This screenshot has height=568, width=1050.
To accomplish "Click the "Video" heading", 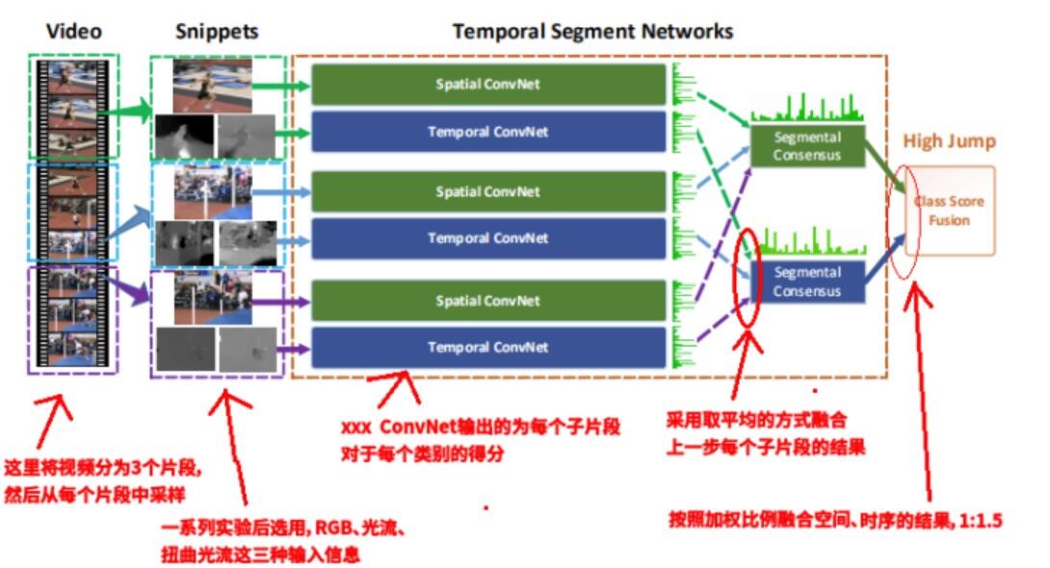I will click(73, 31).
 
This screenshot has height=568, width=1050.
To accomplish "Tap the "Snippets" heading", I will click(217, 31).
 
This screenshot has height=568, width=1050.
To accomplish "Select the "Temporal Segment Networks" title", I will click(592, 31).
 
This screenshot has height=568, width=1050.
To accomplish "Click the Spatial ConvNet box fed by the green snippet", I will click(487, 84).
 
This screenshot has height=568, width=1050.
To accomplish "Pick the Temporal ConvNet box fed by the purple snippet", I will click(487, 348).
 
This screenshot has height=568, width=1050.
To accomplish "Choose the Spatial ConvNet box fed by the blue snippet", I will click(487, 192).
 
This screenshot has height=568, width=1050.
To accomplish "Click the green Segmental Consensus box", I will click(806, 145).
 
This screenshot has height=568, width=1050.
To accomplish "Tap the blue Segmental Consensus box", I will click(806, 281).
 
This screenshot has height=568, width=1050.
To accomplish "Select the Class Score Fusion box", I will click(949, 211).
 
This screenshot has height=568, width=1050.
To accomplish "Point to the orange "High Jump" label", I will click(949, 142).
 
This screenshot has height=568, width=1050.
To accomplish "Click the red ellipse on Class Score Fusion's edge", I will click(906, 212).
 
